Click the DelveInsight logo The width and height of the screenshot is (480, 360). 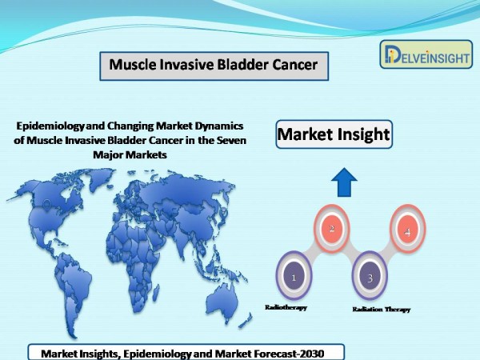(x=426, y=54)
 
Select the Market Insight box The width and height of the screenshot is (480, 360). (x=334, y=134)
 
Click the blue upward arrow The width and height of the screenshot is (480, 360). (x=344, y=182)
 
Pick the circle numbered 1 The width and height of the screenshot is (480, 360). (x=294, y=275)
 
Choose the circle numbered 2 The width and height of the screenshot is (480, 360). (x=332, y=228)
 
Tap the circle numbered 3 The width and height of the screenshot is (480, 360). (x=370, y=275)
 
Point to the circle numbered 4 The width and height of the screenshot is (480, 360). (x=407, y=229)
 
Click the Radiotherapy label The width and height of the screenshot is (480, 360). (x=286, y=307)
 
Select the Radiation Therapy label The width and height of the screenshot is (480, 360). (x=381, y=309)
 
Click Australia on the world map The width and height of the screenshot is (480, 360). (x=222, y=301)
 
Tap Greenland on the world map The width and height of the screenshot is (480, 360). (x=99, y=178)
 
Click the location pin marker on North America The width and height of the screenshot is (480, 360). (x=47, y=205)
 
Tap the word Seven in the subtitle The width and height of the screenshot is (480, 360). (x=231, y=140)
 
